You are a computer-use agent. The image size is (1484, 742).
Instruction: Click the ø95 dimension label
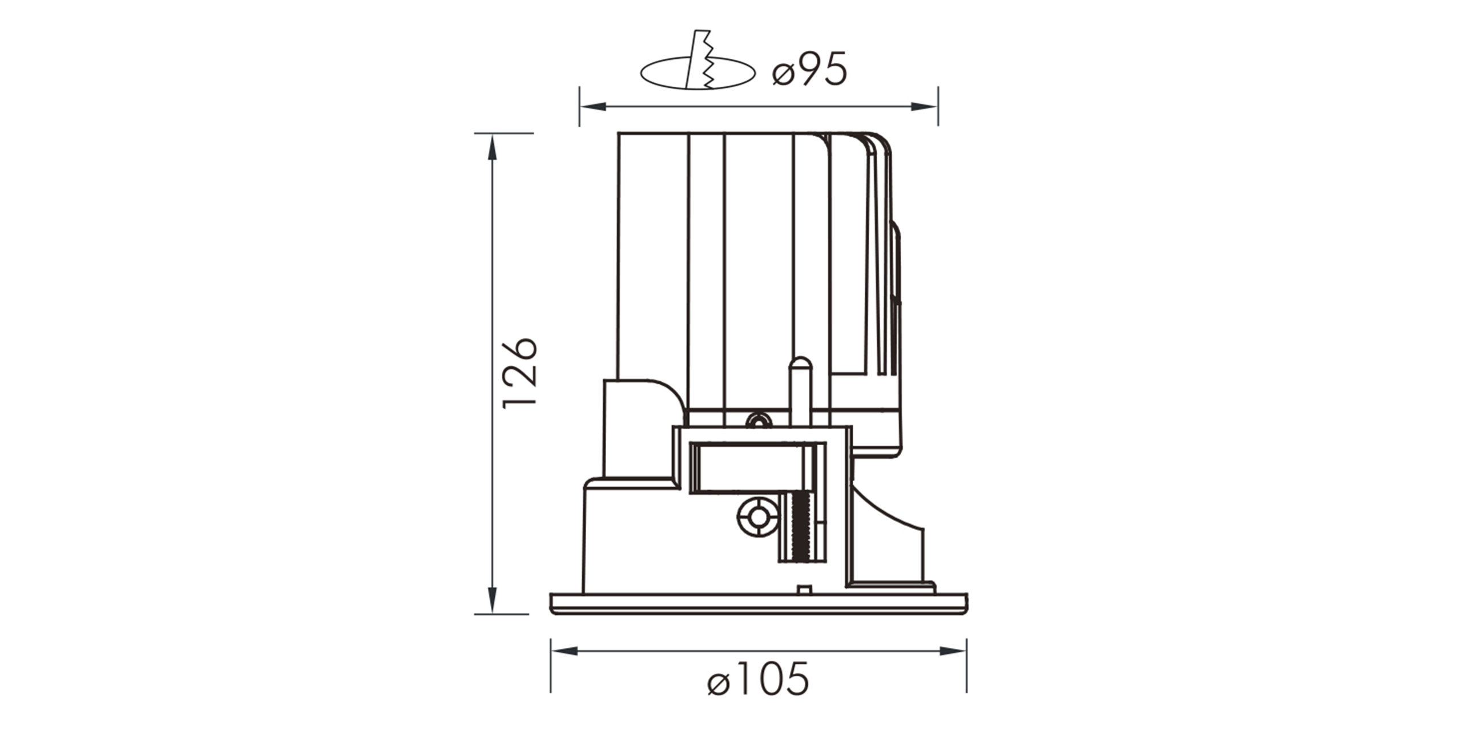click(x=809, y=70)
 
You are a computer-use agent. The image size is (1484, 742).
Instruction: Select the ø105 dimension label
click(x=758, y=678)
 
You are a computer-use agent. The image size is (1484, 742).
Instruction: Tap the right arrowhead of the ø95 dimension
click(x=924, y=107)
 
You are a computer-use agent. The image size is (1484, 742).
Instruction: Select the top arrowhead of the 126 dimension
click(x=491, y=147)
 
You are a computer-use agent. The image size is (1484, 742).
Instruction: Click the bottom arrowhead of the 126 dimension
click(x=491, y=600)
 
